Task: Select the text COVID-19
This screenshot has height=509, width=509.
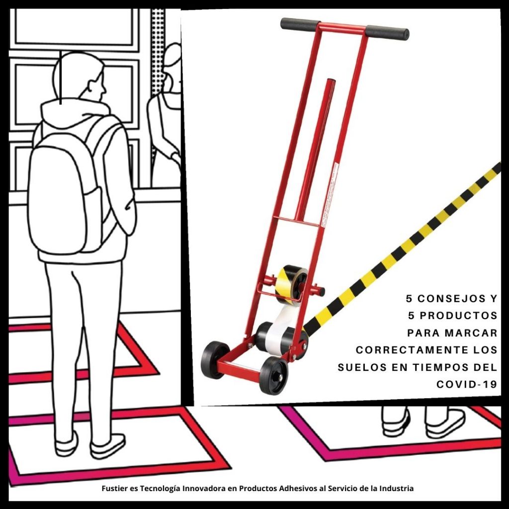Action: (x=467, y=384)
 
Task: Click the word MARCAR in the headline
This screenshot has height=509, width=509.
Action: (x=471, y=333)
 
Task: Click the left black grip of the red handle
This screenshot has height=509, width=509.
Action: (x=300, y=24)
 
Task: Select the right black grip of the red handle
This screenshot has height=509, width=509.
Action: (x=387, y=32)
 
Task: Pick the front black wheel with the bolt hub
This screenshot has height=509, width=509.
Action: (x=273, y=375)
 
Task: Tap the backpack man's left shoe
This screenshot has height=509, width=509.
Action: (x=67, y=444)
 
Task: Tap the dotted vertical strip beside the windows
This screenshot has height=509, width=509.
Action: (x=158, y=49)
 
